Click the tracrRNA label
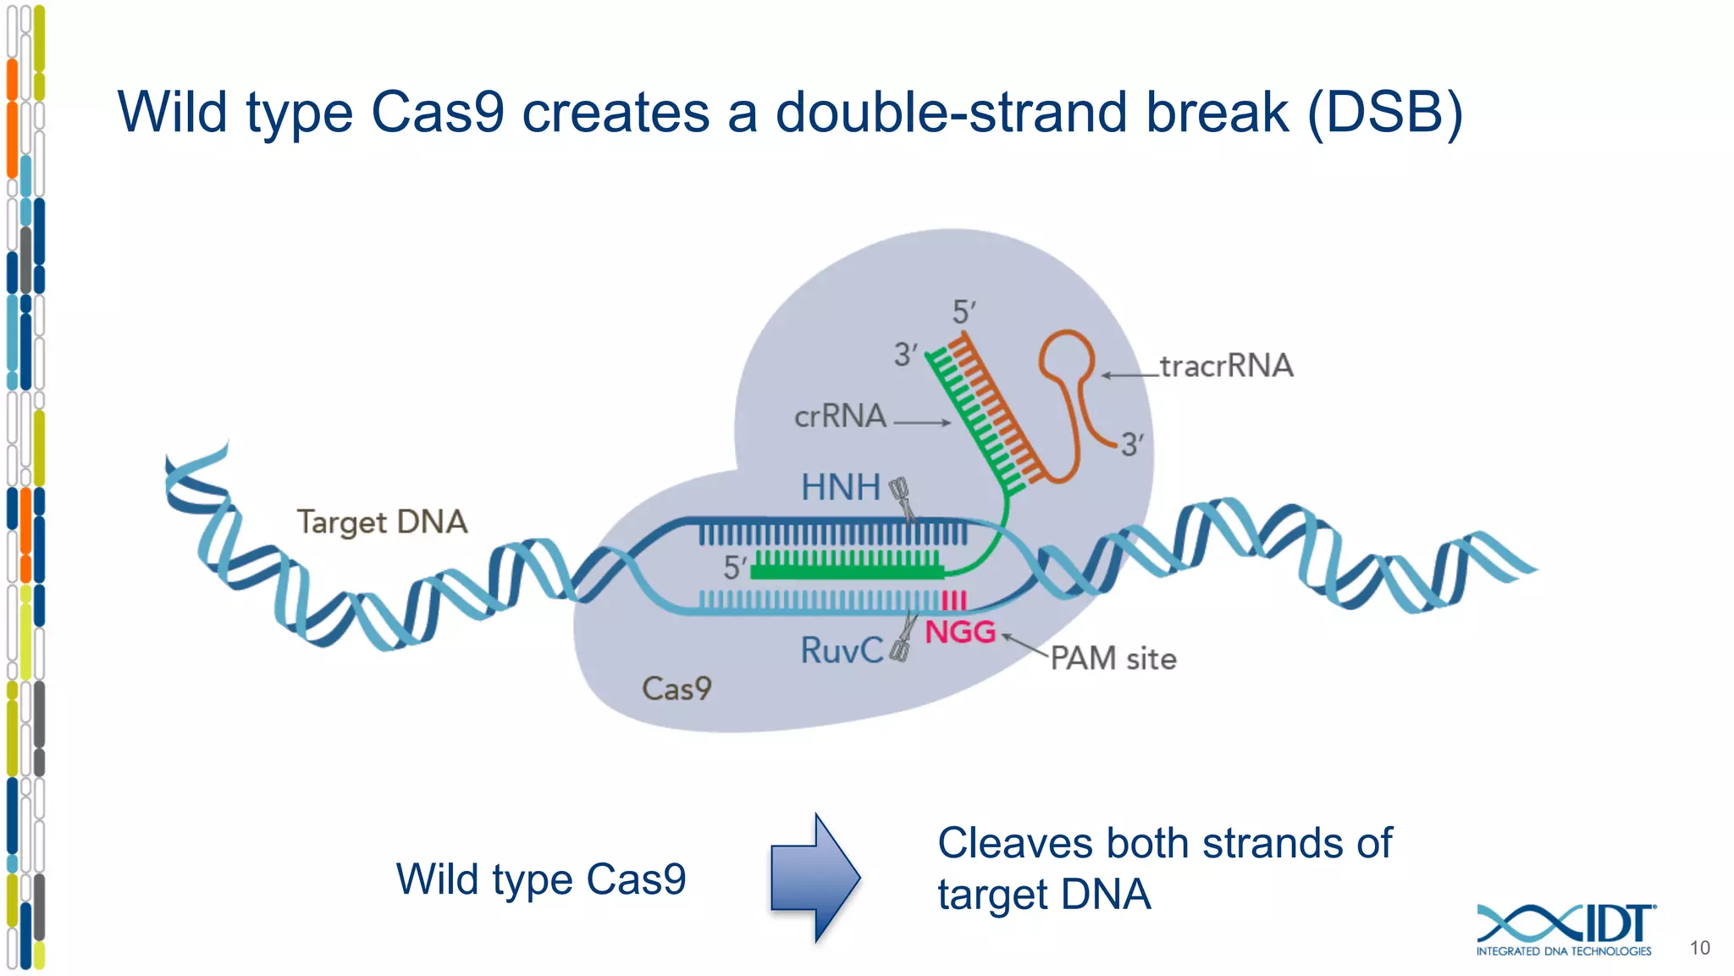1226,366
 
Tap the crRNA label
840,416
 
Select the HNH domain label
841,487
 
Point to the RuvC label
842,651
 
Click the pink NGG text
960,632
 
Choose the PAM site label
1113,658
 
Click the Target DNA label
382,522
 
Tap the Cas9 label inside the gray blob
676,688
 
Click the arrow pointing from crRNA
922,422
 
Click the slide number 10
1699,948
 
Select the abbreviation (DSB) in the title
1384,113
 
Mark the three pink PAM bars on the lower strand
953,601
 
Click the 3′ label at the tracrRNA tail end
1132,444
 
